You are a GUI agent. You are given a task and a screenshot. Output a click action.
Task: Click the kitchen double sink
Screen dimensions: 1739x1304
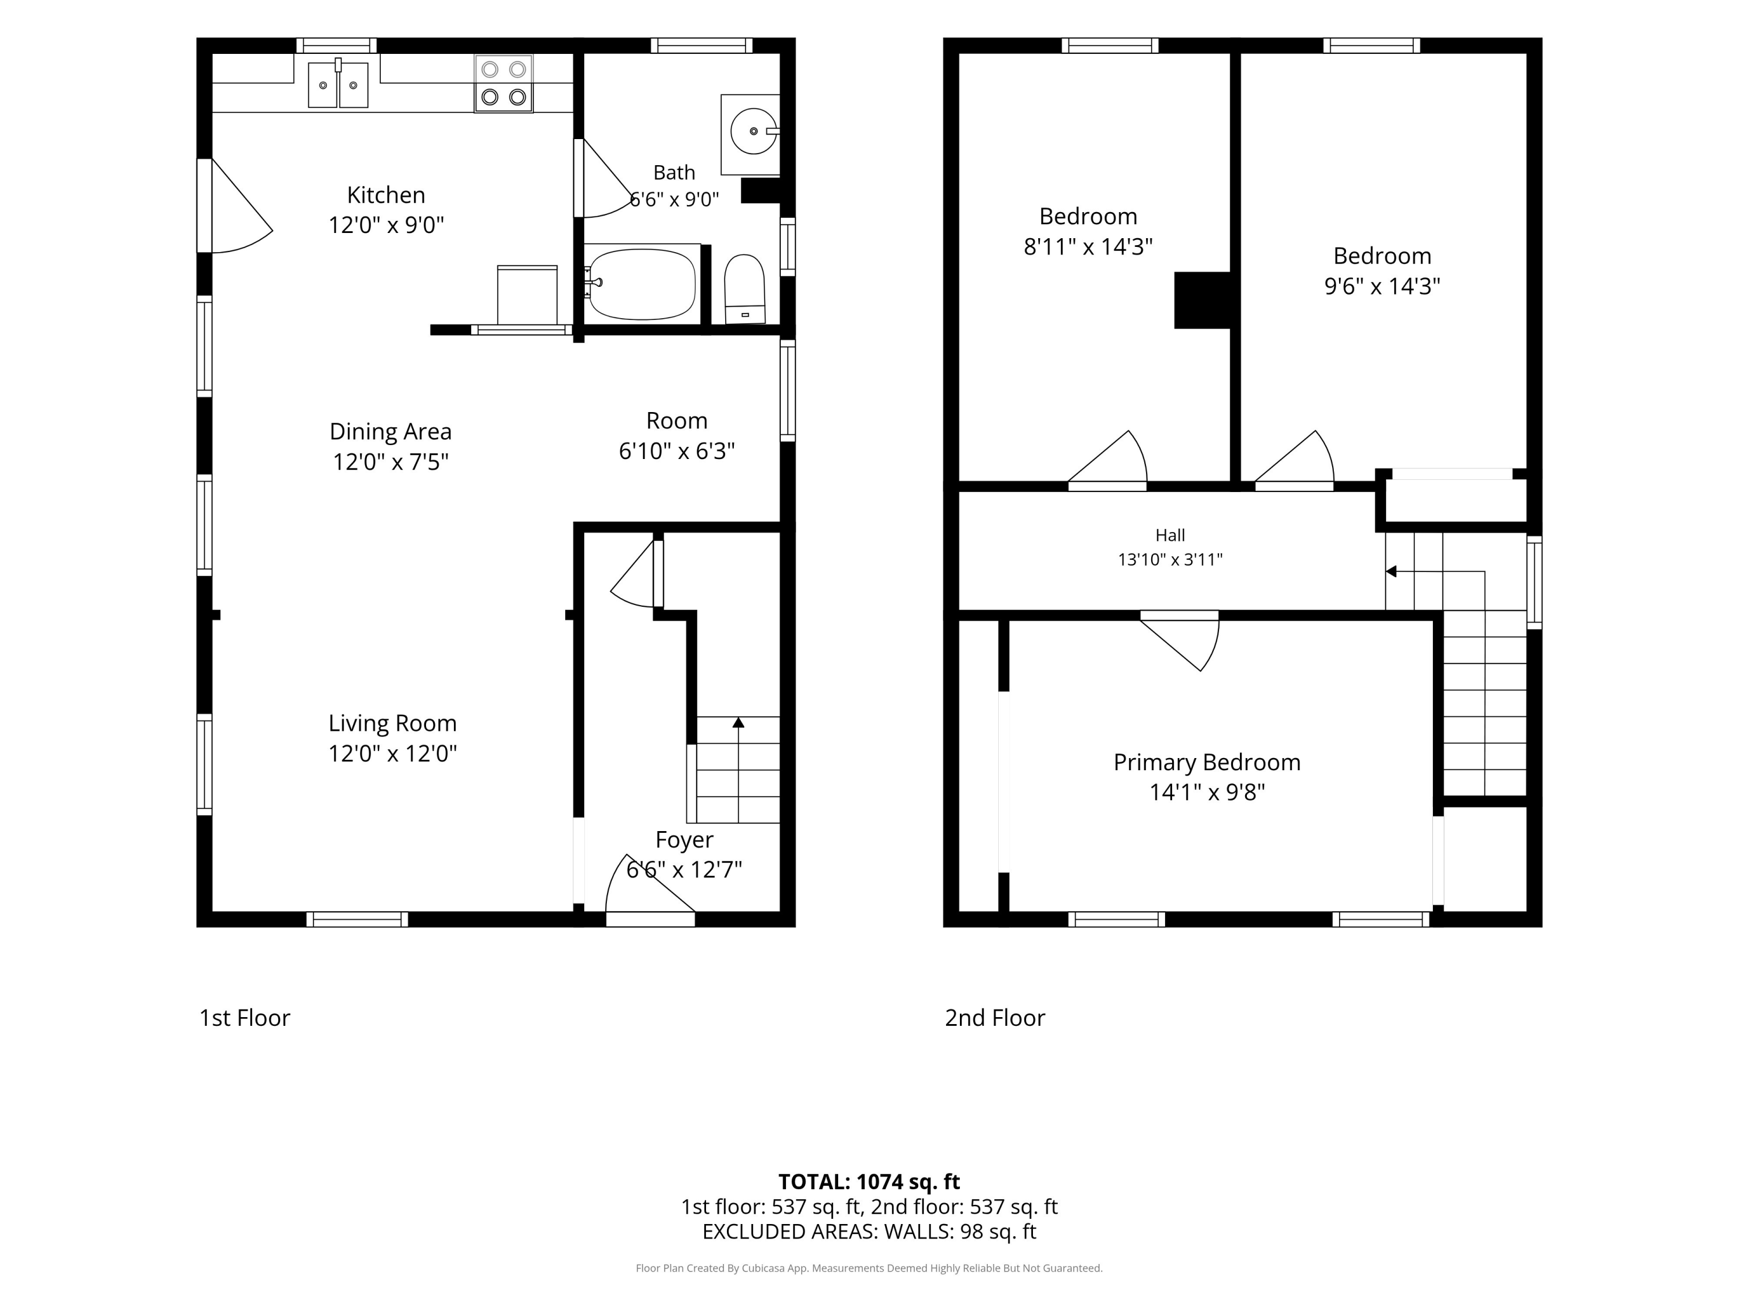(x=338, y=84)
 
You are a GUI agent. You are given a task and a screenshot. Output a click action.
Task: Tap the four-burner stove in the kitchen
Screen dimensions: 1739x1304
(x=503, y=83)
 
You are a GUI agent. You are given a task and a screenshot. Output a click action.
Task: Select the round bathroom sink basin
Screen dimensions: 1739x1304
(x=753, y=131)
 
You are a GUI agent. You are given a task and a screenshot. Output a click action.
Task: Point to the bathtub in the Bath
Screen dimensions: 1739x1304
(x=642, y=284)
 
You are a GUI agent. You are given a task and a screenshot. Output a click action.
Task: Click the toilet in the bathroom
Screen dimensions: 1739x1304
(x=744, y=289)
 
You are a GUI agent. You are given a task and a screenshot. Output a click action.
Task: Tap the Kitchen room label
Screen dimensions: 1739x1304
(x=386, y=195)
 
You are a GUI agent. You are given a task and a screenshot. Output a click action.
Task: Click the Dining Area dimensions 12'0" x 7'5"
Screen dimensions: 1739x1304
(x=391, y=461)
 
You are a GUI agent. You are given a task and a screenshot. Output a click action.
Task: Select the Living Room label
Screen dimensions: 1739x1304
(x=392, y=723)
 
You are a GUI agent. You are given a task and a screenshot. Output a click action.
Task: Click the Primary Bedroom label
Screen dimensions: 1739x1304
(x=1207, y=763)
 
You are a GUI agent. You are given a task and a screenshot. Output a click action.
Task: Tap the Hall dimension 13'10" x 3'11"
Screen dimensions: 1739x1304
(x=1170, y=560)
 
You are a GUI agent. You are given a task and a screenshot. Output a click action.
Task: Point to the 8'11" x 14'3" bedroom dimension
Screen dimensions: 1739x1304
(x=1088, y=247)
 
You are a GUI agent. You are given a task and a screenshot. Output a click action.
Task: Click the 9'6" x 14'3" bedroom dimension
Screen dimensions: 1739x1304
(x=1382, y=286)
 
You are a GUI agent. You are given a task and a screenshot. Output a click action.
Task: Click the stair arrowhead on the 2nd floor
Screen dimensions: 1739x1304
(x=1391, y=571)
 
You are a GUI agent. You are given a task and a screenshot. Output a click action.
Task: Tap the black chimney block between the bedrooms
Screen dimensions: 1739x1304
(x=1202, y=300)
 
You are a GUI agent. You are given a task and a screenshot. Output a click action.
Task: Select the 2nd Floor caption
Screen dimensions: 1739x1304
(x=995, y=1018)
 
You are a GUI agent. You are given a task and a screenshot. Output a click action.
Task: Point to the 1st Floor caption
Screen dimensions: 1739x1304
(x=245, y=1018)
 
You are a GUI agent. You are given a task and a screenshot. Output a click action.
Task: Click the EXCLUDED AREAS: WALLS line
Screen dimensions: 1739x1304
(x=869, y=1232)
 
